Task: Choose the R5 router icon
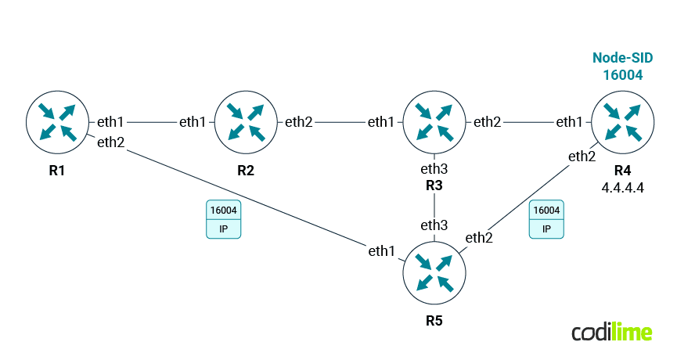[434, 273]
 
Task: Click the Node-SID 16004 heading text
[622, 67]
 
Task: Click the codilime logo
[611, 332]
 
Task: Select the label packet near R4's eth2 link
[546, 220]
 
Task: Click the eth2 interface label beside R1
[111, 142]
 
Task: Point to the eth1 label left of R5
[384, 250]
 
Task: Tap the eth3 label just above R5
[434, 225]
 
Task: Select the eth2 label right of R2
[299, 122]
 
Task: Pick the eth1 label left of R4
[569, 122]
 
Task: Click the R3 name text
[434, 185]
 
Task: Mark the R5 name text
[434, 320]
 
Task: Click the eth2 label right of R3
[488, 122]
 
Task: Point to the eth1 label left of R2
[193, 122]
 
